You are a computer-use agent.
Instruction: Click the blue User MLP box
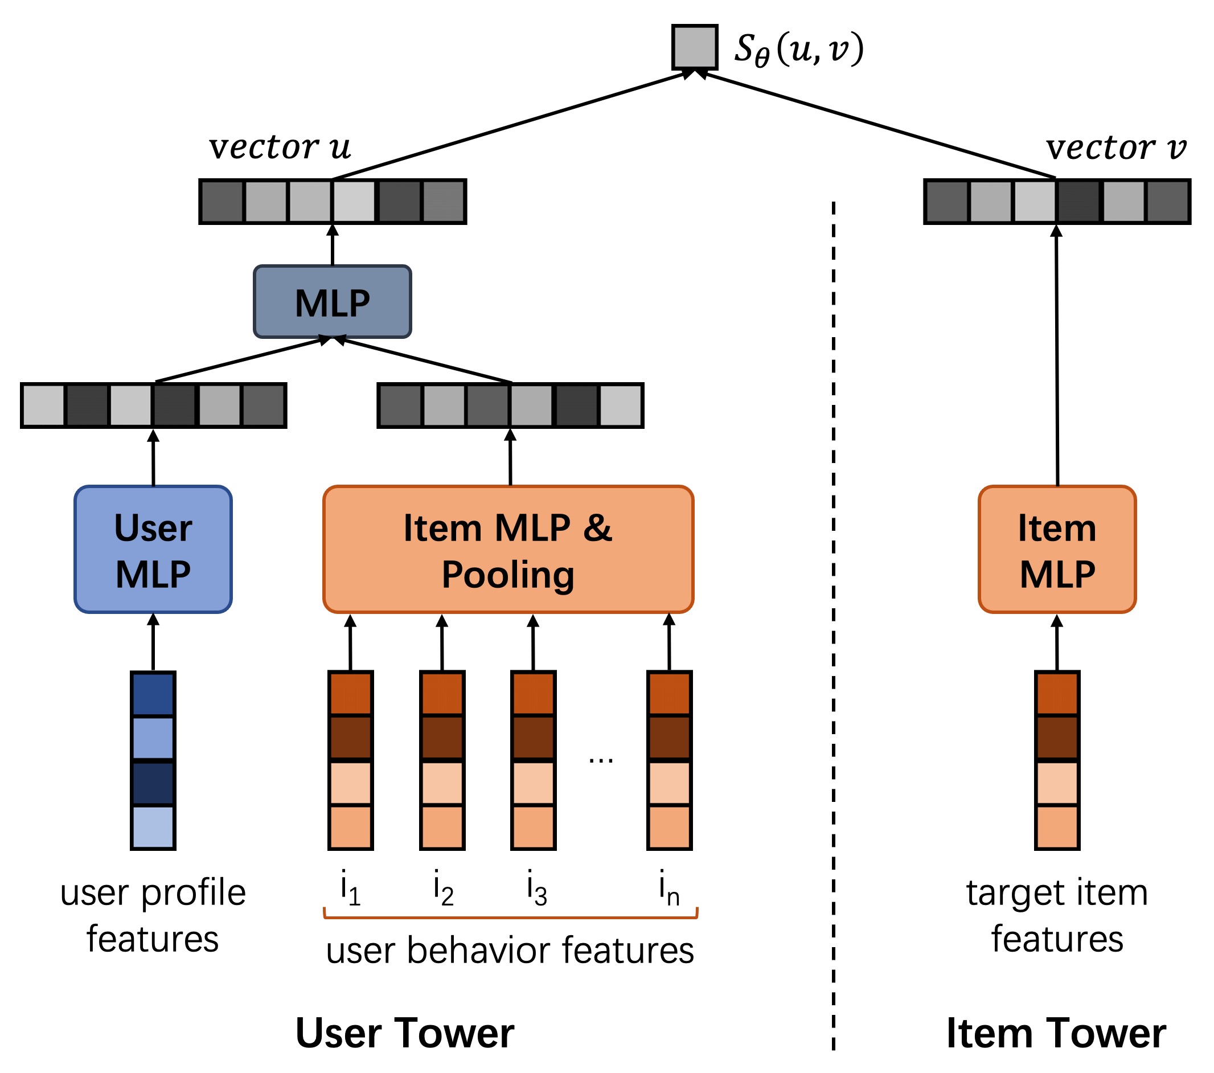(153, 550)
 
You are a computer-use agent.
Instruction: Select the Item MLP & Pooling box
(508, 550)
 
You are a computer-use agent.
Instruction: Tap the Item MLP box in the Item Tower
(1057, 550)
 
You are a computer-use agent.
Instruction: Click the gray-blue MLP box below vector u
(333, 302)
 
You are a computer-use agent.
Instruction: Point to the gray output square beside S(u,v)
(694, 47)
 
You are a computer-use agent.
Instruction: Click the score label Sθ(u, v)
(799, 49)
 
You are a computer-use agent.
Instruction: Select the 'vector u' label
(280, 147)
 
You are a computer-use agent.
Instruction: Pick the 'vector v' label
(1116, 148)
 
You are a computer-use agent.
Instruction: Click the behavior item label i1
(350, 888)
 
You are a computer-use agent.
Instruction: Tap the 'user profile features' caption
(153, 916)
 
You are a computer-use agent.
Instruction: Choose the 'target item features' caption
(1057, 916)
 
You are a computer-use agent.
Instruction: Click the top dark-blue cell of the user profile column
(153, 694)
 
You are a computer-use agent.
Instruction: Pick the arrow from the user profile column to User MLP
(153, 642)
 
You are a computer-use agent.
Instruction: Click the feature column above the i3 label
(534, 760)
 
